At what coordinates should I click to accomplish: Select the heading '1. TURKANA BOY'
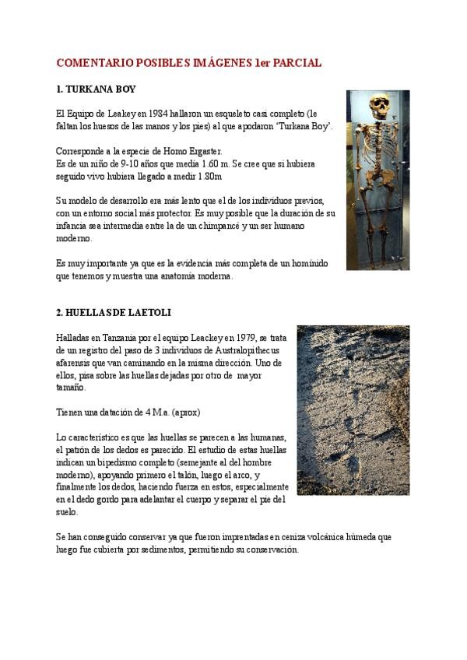pos(96,90)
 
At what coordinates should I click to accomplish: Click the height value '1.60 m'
pos(215,163)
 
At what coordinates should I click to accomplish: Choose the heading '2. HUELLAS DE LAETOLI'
pos(114,313)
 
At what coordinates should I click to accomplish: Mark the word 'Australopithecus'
pos(247,350)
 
